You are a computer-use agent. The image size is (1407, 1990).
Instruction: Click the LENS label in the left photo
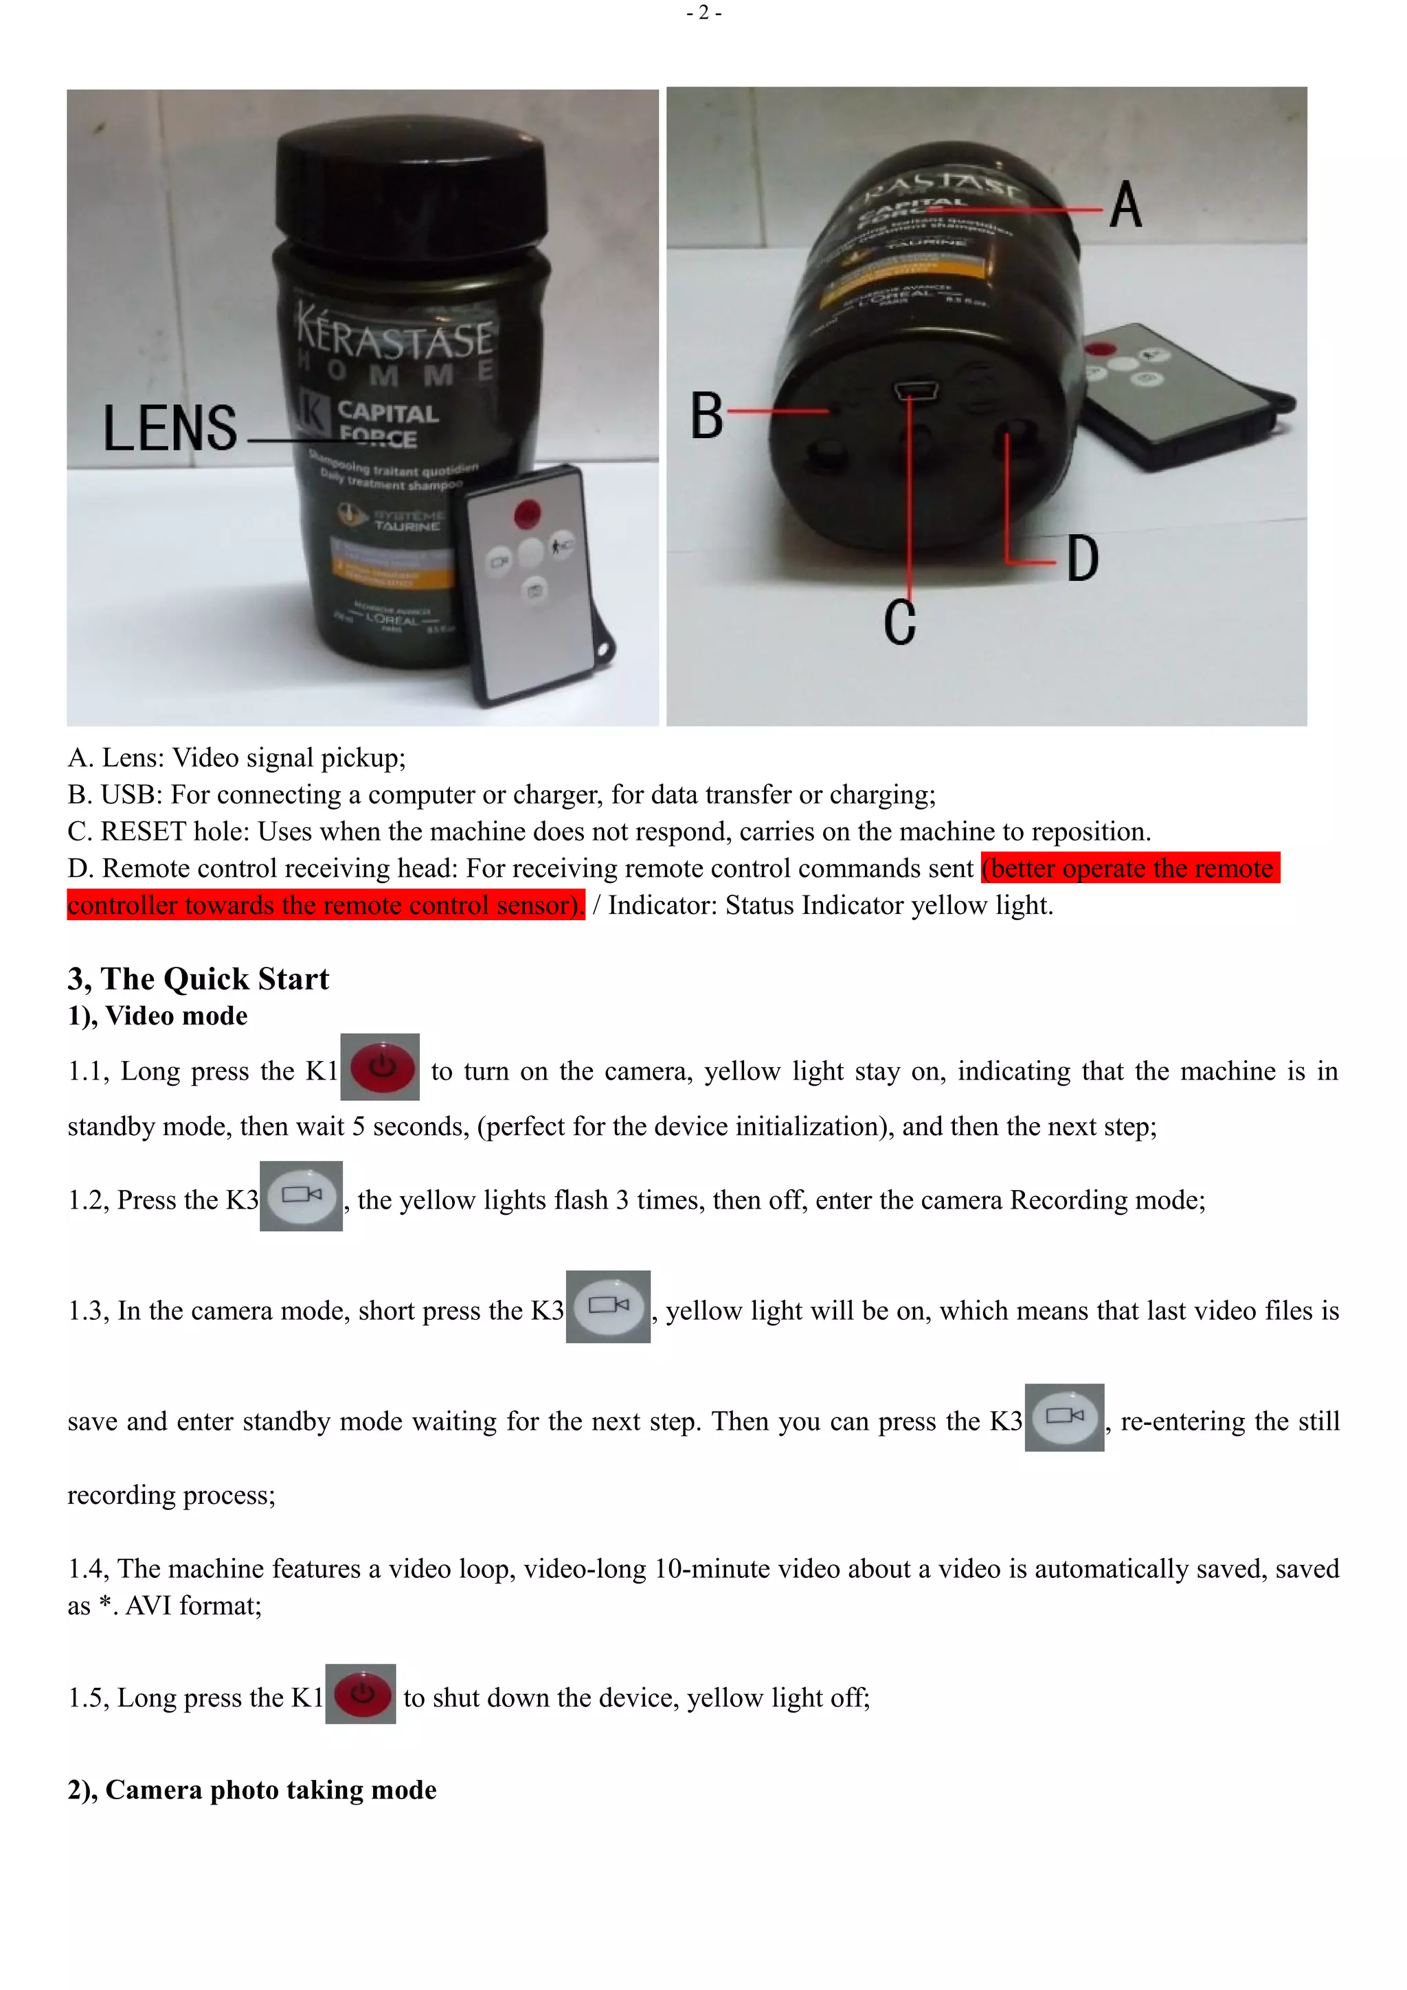click(x=170, y=428)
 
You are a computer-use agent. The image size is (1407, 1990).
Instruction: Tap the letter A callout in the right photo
click(x=1125, y=205)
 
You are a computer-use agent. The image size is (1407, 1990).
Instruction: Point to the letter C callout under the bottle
click(x=900, y=621)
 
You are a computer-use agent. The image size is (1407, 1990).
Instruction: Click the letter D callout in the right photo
click(x=1082, y=559)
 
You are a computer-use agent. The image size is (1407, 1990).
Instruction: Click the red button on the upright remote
click(x=527, y=513)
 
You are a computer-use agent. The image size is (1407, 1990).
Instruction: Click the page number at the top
click(x=703, y=12)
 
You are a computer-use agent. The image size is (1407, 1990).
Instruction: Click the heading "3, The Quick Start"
click(x=199, y=979)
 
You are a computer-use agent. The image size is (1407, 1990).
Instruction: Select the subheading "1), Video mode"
click(x=158, y=1016)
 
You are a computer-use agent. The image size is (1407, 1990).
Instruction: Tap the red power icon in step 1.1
click(x=381, y=1067)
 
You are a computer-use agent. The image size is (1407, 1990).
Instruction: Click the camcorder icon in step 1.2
click(x=301, y=1196)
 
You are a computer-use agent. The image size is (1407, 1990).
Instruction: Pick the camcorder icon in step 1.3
click(x=608, y=1306)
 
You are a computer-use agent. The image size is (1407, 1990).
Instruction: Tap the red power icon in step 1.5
click(x=361, y=1693)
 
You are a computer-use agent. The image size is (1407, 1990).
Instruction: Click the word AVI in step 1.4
click(x=148, y=1606)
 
